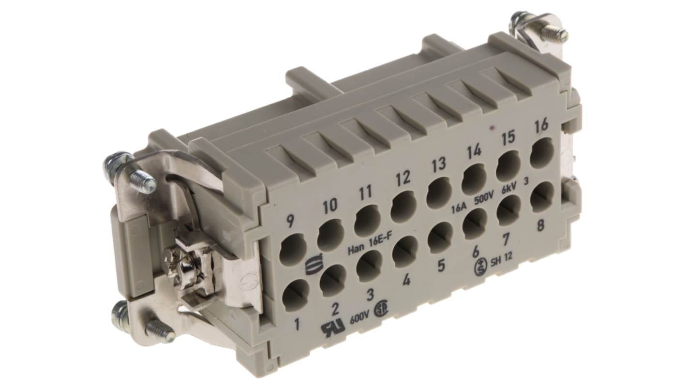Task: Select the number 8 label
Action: pyautogui.click(x=541, y=225)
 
